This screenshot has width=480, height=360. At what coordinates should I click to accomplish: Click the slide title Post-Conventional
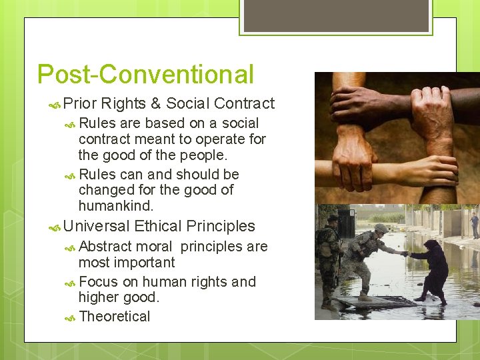[x=145, y=74]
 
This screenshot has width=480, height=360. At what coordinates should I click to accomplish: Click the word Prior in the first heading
[x=81, y=103]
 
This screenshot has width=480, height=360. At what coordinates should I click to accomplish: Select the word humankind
[x=115, y=206]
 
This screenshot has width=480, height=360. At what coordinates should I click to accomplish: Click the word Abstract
[x=105, y=247]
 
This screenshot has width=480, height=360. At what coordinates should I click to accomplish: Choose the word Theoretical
[x=114, y=317]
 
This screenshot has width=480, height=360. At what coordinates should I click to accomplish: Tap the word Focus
[x=99, y=282]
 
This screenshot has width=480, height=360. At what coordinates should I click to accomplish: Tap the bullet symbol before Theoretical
[x=71, y=317]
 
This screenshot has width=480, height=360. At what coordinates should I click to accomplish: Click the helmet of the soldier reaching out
[x=381, y=228]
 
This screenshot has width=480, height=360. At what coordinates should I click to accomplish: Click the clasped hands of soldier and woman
[x=404, y=253]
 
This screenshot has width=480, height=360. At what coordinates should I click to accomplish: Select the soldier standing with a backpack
[x=330, y=260]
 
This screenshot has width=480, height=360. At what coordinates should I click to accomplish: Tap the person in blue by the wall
[x=474, y=223]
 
